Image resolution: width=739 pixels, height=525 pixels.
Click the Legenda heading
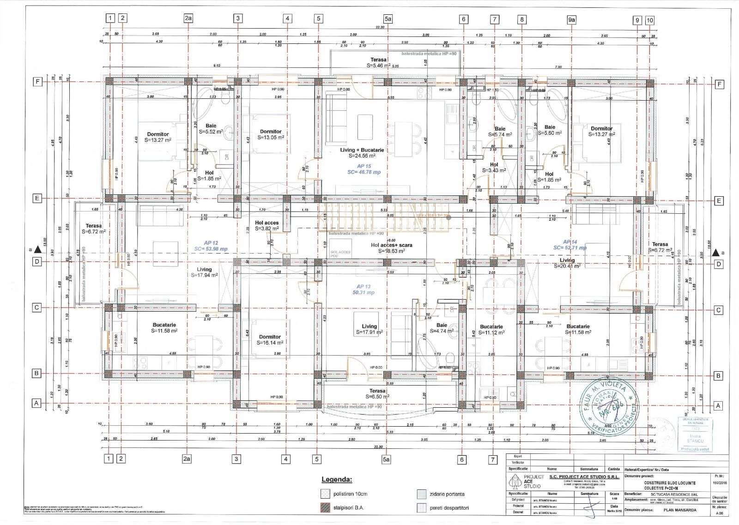coord(337,479)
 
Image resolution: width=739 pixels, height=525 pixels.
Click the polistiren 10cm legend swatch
coord(325,494)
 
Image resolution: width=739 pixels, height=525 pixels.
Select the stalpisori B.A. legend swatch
coord(325,508)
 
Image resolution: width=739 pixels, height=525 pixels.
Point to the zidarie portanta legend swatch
coord(421,494)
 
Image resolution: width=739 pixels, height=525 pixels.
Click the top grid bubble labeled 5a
coord(388,19)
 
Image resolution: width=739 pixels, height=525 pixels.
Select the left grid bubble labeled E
coord(36,198)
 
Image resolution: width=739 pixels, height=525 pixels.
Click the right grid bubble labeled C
coord(718,310)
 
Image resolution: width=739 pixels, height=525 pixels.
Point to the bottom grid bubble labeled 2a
coord(188,459)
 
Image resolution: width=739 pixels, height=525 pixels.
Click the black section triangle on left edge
coord(38,250)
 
